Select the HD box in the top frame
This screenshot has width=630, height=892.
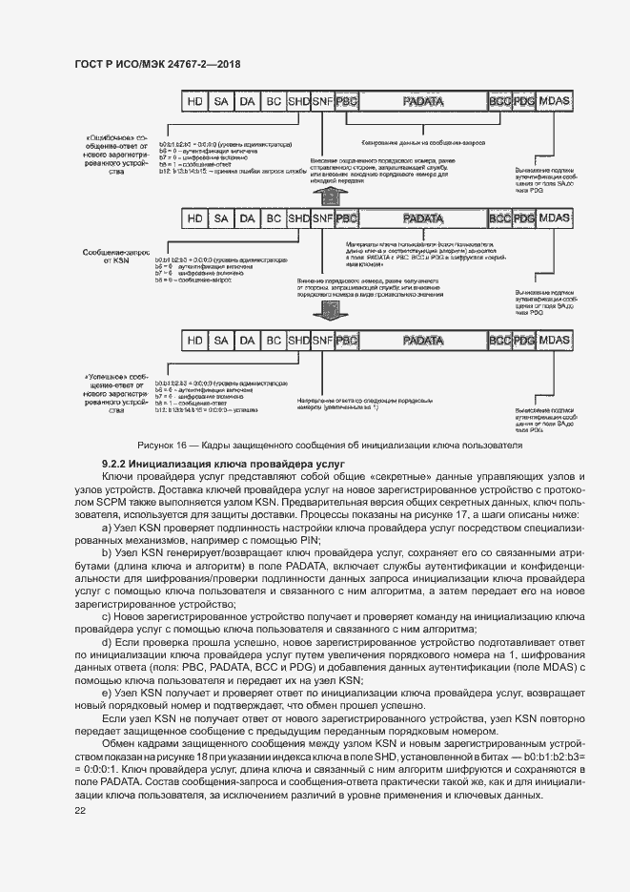coord(195,99)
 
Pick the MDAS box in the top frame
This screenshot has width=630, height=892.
coord(555,99)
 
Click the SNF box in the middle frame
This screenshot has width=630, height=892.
coord(323,219)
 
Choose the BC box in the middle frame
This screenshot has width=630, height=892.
coord(274,219)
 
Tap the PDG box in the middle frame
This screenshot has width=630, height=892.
coord(524,219)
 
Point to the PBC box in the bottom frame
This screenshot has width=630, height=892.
coord(347,341)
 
